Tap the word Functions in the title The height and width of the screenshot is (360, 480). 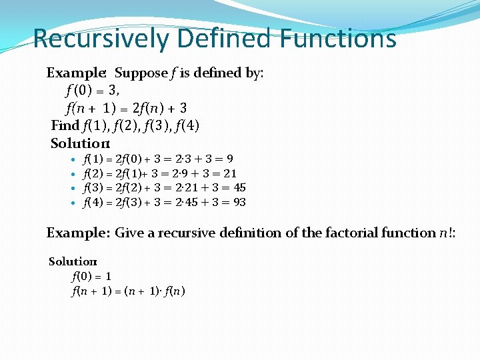point(338,39)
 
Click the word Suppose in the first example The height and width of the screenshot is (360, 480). point(141,73)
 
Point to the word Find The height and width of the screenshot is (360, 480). point(65,125)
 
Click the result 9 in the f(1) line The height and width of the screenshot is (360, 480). point(229,159)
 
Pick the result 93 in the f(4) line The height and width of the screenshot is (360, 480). point(239,201)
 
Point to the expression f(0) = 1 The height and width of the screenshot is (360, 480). point(91,275)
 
